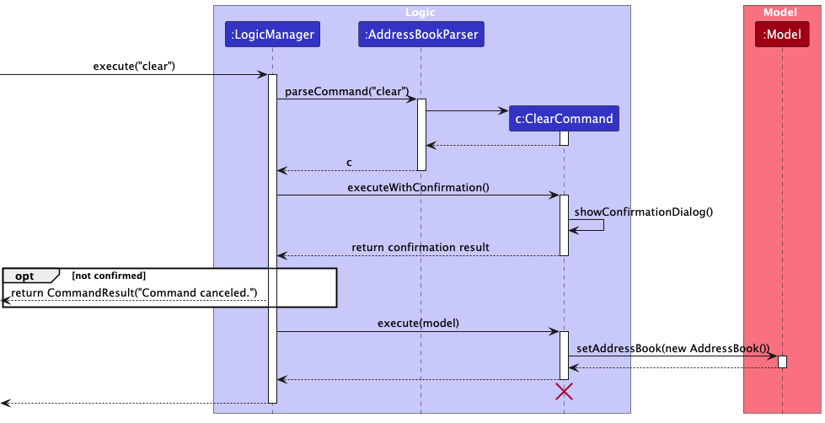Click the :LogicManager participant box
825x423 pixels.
pyautogui.click(x=272, y=35)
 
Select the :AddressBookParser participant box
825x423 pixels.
pyautogui.click(x=421, y=35)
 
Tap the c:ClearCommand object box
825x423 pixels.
pyautogui.click(x=564, y=119)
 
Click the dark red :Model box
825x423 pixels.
pyautogui.click(x=782, y=35)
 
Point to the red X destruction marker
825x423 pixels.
pyautogui.click(x=564, y=391)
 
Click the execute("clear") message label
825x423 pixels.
pyautogui.click(x=134, y=67)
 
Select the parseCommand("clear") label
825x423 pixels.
pyautogui.click(x=347, y=91)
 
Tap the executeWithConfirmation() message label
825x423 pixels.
pyautogui.click(x=418, y=187)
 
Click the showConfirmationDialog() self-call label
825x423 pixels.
pyautogui.click(x=645, y=211)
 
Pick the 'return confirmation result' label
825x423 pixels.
pyautogui.click(x=421, y=247)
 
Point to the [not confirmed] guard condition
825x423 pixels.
pyautogui.click(x=109, y=276)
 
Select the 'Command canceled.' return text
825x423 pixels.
pyautogui.click(x=134, y=292)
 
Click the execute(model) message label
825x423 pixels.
pyautogui.click(x=418, y=323)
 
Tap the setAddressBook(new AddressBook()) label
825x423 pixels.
pyautogui.click(x=673, y=348)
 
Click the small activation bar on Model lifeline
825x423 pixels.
pyautogui.click(x=782, y=361)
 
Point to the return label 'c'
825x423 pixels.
pyautogui.click(x=349, y=162)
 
